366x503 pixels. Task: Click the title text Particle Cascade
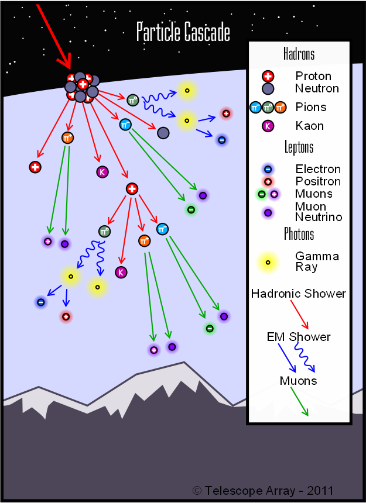tap(183, 32)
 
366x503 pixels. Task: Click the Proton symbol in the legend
tap(268, 76)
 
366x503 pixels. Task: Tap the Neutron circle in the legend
tap(268, 89)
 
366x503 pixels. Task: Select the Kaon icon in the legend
tap(268, 126)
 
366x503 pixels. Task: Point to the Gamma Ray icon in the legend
tap(268, 262)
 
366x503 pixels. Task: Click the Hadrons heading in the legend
tap(299, 54)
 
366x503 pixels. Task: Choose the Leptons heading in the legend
tap(299, 147)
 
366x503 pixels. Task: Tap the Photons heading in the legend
tap(299, 234)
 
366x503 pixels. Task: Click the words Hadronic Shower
tap(299, 294)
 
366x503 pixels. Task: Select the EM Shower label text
tap(299, 337)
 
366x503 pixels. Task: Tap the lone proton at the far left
tap(35, 167)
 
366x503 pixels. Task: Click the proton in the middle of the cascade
tap(132, 188)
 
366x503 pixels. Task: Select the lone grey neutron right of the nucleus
tap(163, 133)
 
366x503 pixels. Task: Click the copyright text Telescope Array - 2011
tap(263, 490)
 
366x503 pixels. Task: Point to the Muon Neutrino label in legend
tap(311, 212)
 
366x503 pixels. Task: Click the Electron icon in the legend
tap(268, 169)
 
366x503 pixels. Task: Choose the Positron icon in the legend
tap(268, 181)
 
